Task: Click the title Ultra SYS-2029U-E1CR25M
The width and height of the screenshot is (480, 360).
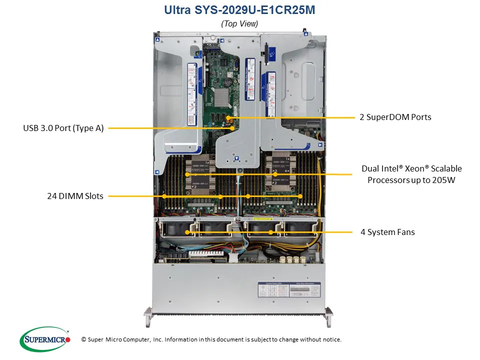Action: tap(239, 10)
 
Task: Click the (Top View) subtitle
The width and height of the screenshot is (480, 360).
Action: tap(239, 23)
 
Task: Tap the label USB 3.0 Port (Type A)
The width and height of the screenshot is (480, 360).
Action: tap(63, 128)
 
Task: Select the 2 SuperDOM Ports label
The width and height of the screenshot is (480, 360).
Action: tap(395, 117)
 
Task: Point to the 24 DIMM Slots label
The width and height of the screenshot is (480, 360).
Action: tap(75, 196)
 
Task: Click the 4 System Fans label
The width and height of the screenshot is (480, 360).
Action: tap(387, 232)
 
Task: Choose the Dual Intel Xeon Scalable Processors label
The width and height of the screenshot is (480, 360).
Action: tap(411, 174)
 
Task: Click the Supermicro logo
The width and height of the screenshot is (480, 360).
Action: tap(45, 339)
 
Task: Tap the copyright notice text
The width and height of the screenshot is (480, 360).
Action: tap(211, 339)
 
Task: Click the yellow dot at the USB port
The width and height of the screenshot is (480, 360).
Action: tap(232, 128)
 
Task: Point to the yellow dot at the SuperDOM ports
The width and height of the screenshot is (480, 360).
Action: tap(231, 118)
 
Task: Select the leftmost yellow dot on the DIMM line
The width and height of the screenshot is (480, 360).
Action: tap(164, 196)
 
